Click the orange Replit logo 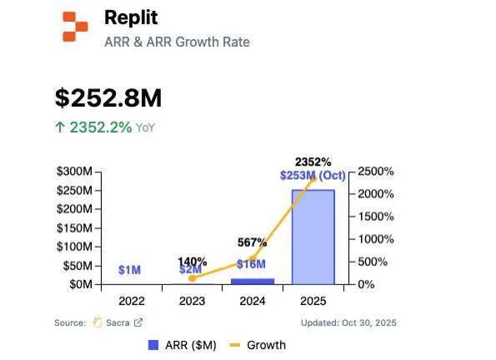coord(74,27)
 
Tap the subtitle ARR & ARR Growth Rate coord(177,42)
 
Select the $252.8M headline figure coord(108,97)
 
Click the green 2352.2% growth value coord(99,127)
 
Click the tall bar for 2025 coord(313,237)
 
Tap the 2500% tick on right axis coord(377,172)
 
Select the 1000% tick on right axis coord(377,239)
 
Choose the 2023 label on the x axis coord(191,301)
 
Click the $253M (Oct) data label coord(313,175)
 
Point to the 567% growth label coord(252,242)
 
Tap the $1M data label coord(129,270)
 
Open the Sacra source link coord(118,322)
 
